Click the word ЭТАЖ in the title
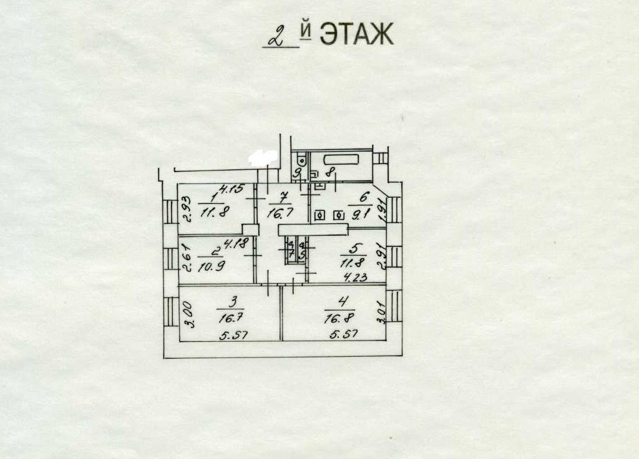pyautogui.click(x=356, y=34)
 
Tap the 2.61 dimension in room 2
pyautogui.click(x=185, y=258)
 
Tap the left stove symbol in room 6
pyautogui.click(x=320, y=215)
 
